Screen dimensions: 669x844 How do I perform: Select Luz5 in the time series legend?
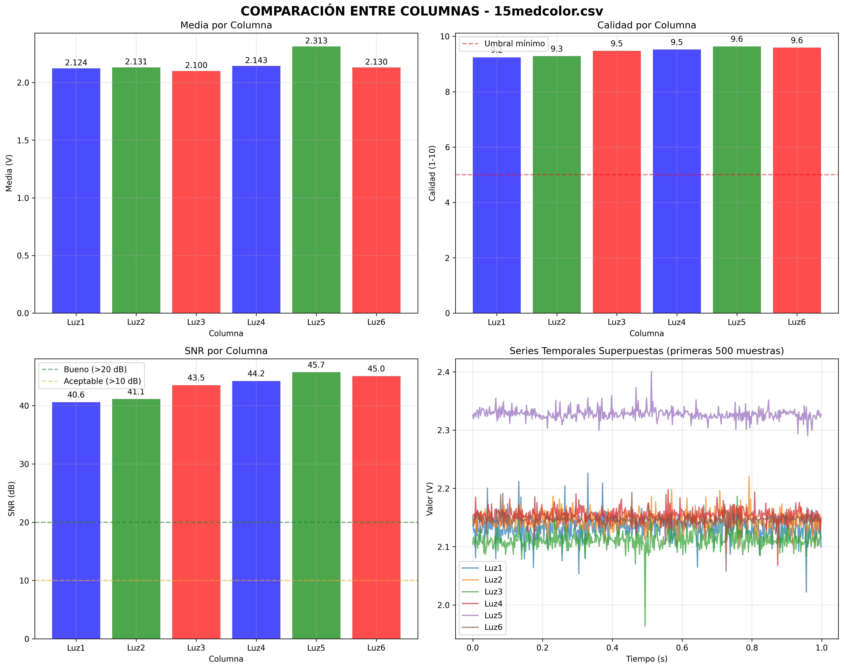click(493, 615)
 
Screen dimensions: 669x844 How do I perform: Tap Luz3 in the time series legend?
click(493, 592)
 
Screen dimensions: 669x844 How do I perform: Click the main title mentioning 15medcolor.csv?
click(422, 11)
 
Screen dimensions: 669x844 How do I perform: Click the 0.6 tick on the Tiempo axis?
click(682, 648)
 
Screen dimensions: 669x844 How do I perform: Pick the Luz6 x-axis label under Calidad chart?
click(797, 322)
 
